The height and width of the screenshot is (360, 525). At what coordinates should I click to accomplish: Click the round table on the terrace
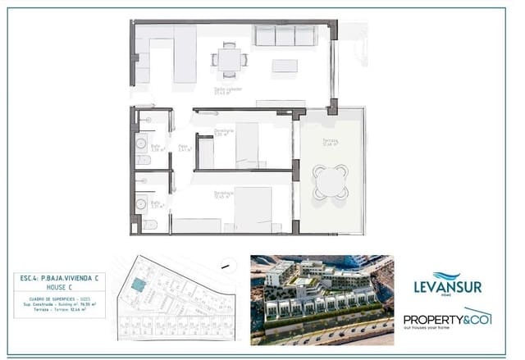click(330, 181)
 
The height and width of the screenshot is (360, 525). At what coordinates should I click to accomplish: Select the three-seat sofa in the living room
click(285, 35)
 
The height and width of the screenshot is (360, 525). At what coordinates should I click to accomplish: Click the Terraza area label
click(330, 143)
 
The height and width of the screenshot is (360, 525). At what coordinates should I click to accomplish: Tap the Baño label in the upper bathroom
click(156, 148)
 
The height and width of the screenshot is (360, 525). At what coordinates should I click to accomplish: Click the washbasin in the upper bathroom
click(140, 144)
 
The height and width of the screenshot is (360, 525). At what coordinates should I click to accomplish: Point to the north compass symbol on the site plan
click(224, 264)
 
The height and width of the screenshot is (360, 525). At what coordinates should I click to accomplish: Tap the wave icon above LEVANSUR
click(448, 276)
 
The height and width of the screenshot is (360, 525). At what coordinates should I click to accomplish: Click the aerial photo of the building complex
click(322, 299)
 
